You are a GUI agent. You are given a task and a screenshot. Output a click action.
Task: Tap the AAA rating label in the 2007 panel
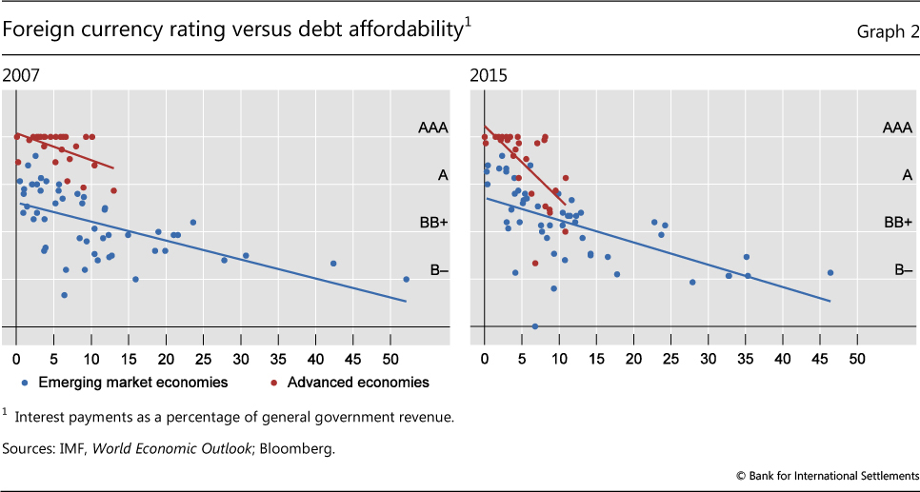pyautogui.click(x=433, y=127)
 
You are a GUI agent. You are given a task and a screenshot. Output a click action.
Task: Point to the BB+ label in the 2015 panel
pyautogui.click(x=899, y=222)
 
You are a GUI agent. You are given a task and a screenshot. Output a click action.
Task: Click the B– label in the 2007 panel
pyautogui.click(x=439, y=270)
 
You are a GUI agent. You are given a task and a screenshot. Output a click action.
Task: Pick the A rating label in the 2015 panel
pyautogui.click(x=906, y=174)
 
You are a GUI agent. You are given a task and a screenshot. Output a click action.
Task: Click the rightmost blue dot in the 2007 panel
pyautogui.click(x=406, y=279)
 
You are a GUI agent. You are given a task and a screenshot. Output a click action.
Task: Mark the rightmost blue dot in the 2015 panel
pyautogui.click(x=830, y=272)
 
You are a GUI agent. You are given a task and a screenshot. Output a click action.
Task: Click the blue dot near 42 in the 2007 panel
pyautogui.click(x=333, y=263)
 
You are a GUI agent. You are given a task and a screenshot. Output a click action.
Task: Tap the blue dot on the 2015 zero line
pyautogui.click(x=534, y=326)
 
